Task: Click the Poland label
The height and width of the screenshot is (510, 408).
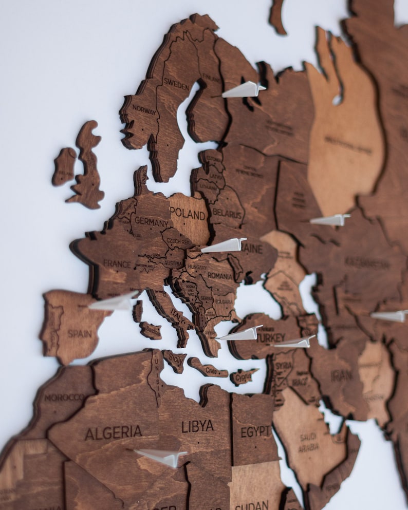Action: (188, 213)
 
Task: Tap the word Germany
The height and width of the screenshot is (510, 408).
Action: (151, 223)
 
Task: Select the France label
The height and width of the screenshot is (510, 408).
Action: (117, 263)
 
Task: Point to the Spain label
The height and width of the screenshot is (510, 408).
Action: (80, 333)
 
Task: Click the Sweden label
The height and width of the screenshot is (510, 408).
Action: (176, 84)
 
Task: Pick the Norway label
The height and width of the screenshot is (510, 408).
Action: (144, 109)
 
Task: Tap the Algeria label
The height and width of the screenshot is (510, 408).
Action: (113, 432)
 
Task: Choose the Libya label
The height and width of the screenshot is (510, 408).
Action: (197, 426)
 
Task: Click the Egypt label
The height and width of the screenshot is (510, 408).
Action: (255, 431)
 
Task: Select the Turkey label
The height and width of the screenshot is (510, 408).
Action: (270, 338)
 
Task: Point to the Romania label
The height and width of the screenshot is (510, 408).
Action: (220, 276)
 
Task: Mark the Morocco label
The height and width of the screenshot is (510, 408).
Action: (64, 397)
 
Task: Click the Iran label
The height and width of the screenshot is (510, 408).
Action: (342, 375)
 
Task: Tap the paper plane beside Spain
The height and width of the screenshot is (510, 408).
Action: (114, 302)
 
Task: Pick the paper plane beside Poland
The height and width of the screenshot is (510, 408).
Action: (224, 245)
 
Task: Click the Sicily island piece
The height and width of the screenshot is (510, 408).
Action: (174, 360)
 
